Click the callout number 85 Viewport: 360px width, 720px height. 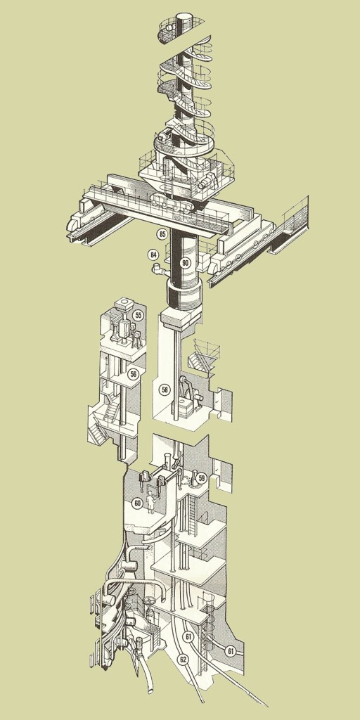161,234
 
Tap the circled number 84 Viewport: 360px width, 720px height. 153,254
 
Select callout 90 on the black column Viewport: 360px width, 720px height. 185,263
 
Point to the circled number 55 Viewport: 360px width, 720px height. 137,316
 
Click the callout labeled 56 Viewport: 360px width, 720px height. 133,374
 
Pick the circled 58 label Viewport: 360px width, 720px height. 165,390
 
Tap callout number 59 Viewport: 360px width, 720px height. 200,478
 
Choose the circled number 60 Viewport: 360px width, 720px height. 137,503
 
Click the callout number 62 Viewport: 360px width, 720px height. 184,660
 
